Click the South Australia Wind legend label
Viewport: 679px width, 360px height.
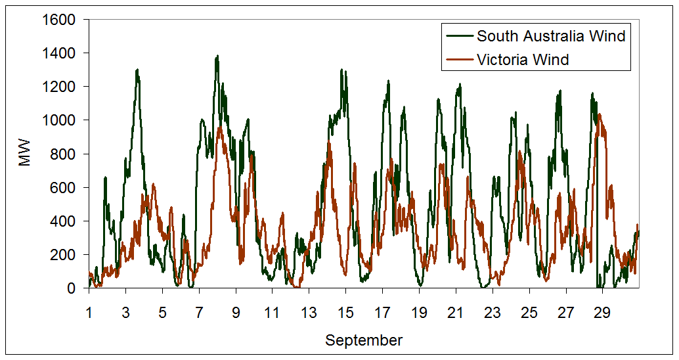[x=551, y=36]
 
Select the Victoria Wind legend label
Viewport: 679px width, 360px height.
[x=523, y=60]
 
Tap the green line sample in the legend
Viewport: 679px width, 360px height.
[x=460, y=36]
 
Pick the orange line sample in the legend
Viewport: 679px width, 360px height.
[x=460, y=60]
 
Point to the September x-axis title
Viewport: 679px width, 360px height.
[x=364, y=340]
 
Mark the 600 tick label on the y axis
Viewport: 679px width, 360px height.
[x=66, y=187]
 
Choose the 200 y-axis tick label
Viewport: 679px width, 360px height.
[x=66, y=254]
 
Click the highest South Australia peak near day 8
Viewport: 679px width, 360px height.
[x=217, y=56]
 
